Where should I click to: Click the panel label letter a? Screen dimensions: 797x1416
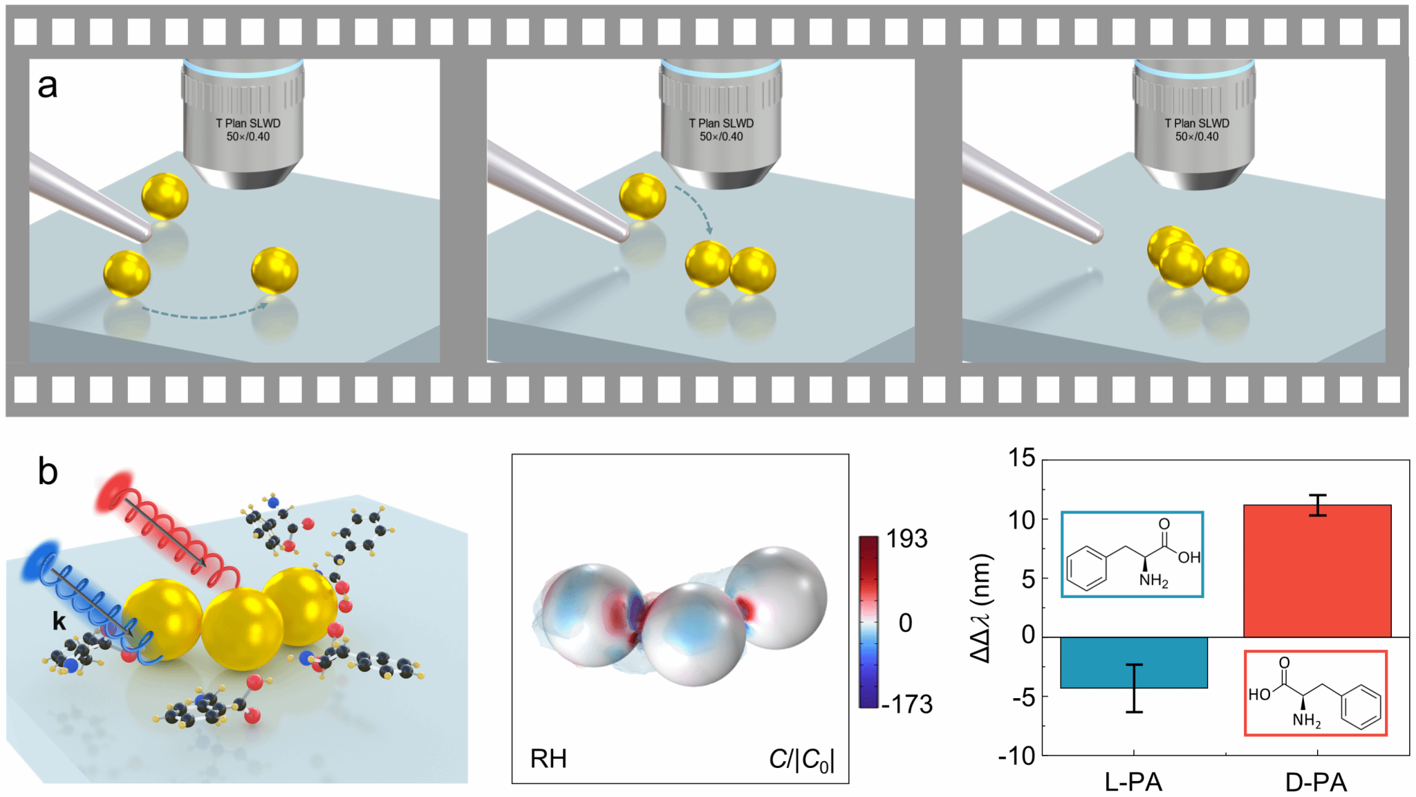47,86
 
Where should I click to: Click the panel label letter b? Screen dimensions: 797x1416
47,472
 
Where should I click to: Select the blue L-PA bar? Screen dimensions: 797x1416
1133,662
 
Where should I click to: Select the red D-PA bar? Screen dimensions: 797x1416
1316,571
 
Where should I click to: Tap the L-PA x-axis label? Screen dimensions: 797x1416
1133,782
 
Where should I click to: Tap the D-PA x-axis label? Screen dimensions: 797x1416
1316,782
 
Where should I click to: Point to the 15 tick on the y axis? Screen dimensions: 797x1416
1021,458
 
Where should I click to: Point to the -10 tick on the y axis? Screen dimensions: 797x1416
1016,756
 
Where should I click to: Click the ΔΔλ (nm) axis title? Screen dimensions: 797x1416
981,608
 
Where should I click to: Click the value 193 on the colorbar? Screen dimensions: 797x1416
906,538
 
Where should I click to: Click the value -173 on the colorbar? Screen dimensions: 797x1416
906,704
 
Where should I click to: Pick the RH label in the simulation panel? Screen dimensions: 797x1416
548,758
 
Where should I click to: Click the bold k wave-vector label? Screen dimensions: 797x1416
59,621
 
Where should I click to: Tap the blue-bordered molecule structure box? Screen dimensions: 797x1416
1133,554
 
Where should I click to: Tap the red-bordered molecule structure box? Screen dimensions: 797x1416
1315,693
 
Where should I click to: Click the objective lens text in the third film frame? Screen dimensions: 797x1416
1197,130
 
